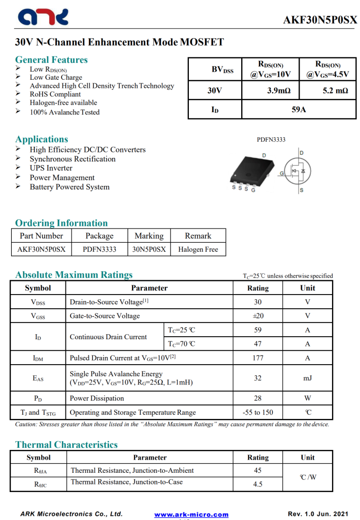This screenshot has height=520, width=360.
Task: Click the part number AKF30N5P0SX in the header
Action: tap(320, 20)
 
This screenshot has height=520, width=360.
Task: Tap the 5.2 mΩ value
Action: tap(335, 91)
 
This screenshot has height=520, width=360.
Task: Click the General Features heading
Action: tap(51, 59)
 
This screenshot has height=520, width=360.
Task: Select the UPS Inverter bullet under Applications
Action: tap(51, 168)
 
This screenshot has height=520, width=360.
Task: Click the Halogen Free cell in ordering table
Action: tap(198, 249)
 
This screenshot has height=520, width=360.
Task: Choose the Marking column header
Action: tap(149, 236)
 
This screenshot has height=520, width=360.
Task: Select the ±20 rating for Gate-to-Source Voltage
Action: tap(257, 316)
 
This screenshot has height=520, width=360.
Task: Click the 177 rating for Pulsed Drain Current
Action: tap(257, 358)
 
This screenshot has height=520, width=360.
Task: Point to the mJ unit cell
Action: tap(307, 378)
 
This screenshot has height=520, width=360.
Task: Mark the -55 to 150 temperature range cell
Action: tap(257, 412)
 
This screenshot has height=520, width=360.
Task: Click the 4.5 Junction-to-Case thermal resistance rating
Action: tap(257, 484)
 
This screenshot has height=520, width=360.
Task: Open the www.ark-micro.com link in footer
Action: tap(191, 514)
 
